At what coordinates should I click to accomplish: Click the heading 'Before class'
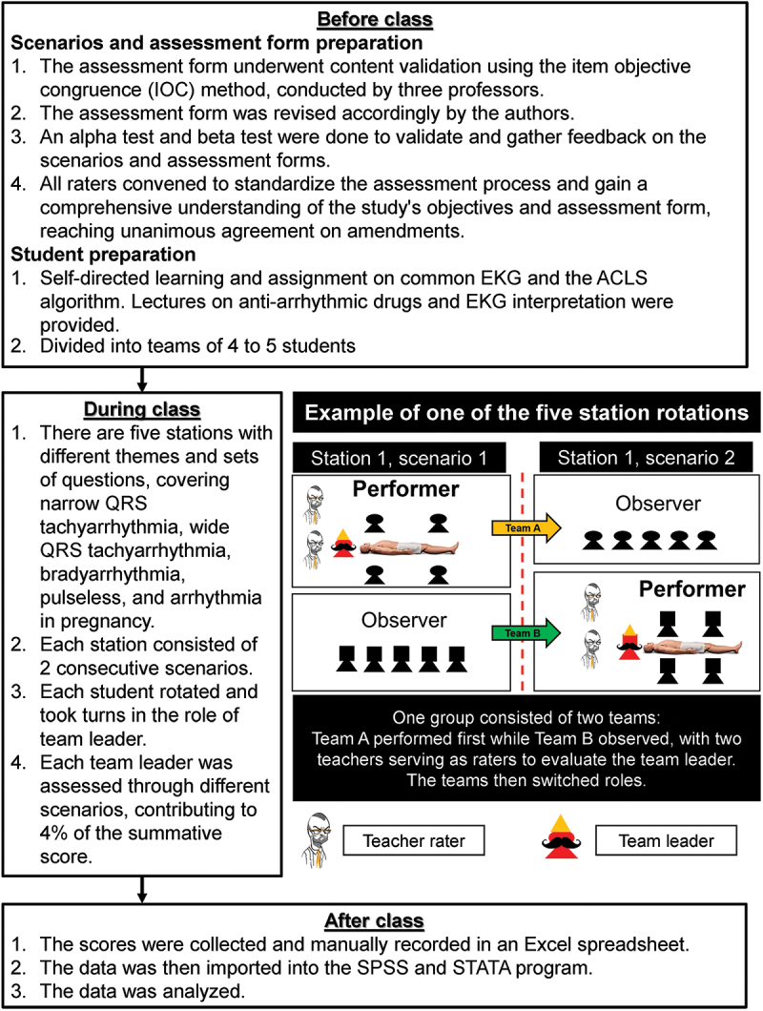pos(381,19)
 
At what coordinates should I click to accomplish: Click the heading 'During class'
pos(141,410)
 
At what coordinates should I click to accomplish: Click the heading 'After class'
pos(381,922)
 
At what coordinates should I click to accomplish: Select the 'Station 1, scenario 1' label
pos(398,457)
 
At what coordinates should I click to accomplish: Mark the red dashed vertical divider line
pos(523,582)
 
